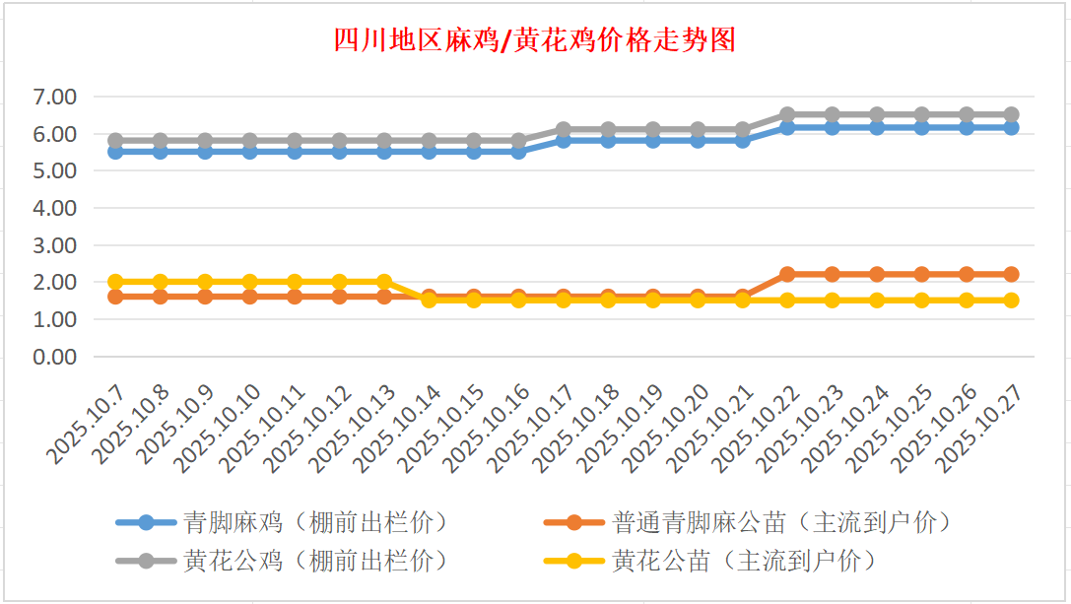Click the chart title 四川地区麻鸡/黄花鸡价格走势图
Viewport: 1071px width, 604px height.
pyautogui.click(x=534, y=40)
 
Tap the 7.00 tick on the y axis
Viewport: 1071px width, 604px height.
pyautogui.click(x=54, y=97)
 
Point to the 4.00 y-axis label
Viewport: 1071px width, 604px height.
pyautogui.click(x=54, y=208)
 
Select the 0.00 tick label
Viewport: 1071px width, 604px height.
pyautogui.click(x=54, y=357)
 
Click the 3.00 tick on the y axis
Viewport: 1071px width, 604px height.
pyautogui.click(x=54, y=245)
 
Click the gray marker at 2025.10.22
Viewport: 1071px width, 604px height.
pyautogui.click(x=787, y=114)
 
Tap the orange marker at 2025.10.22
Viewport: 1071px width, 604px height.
pyautogui.click(x=787, y=274)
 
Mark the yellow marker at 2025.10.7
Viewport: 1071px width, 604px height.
pyautogui.click(x=115, y=282)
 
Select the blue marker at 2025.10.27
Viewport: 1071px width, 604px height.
pyautogui.click(x=1011, y=128)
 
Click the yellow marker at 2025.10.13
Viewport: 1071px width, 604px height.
pyautogui.click(x=384, y=282)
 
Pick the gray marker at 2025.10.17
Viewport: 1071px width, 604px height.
pyautogui.click(x=564, y=129)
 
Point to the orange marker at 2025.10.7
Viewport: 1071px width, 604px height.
pyautogui.click(x=115, y=297)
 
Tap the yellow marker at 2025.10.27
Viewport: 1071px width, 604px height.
pyautogui.click(x=1011, y=301)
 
